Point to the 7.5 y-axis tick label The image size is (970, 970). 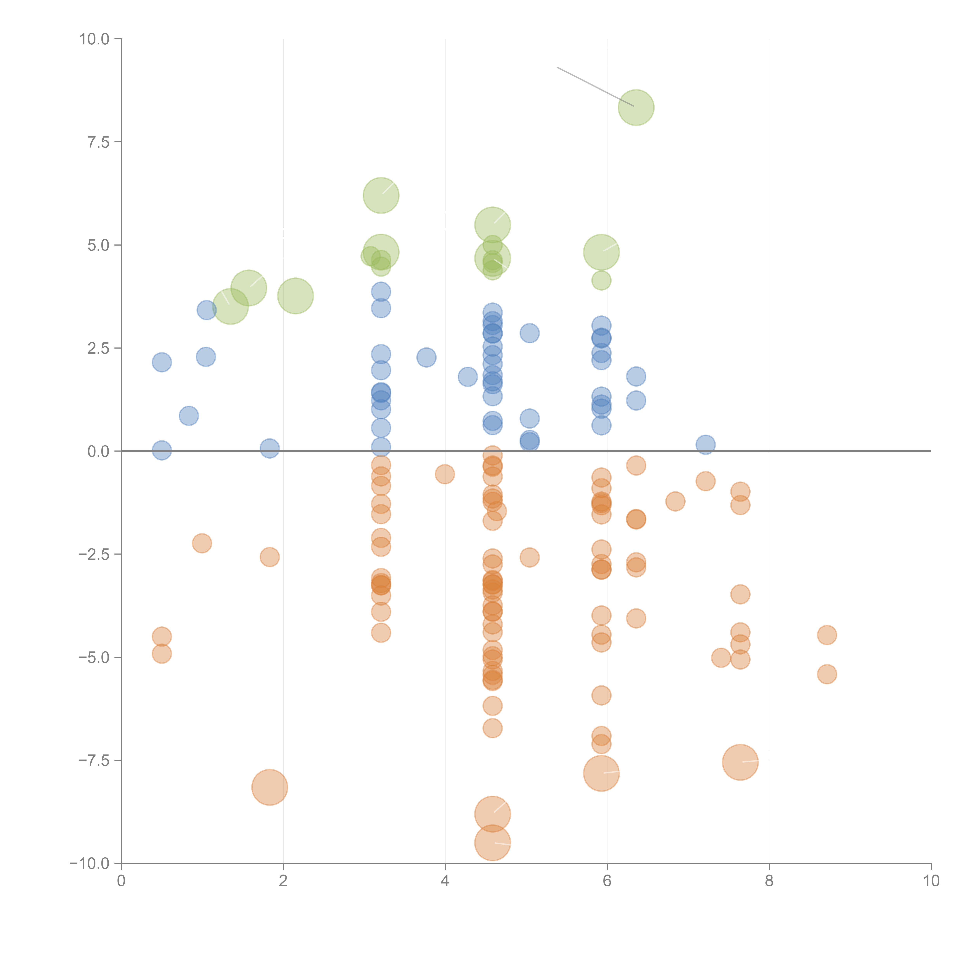coord(98,142)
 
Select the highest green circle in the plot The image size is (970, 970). coord(636,107)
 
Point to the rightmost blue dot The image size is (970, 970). coord(705,444)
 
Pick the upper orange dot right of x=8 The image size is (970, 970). coord(827,635)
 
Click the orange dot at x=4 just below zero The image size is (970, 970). coord(445,474)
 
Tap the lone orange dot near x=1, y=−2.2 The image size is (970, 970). coord(202,543)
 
